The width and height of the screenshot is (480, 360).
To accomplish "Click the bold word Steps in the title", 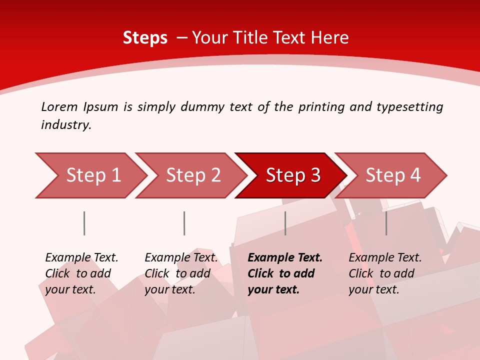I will coord(145,38).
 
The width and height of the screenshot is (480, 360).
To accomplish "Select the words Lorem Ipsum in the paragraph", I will coord(79,107).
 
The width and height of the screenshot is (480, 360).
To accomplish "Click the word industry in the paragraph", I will coord(65,125).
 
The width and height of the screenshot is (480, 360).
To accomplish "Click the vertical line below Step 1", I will coord(84,223).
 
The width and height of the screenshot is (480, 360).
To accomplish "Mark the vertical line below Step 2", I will coord(184,223).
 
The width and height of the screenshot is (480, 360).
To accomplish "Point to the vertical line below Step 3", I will coord(285,223).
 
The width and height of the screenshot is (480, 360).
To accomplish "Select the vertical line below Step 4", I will coord(386,223).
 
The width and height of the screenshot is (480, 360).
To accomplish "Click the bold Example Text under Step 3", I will coord(285,258).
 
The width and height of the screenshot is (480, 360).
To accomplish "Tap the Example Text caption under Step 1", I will coord(81,258).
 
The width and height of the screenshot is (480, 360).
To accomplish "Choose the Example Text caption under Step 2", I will coord(181,258).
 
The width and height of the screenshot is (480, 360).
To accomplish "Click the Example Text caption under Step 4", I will coord(385,258).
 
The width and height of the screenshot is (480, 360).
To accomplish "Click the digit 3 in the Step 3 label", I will coord(315,175).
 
